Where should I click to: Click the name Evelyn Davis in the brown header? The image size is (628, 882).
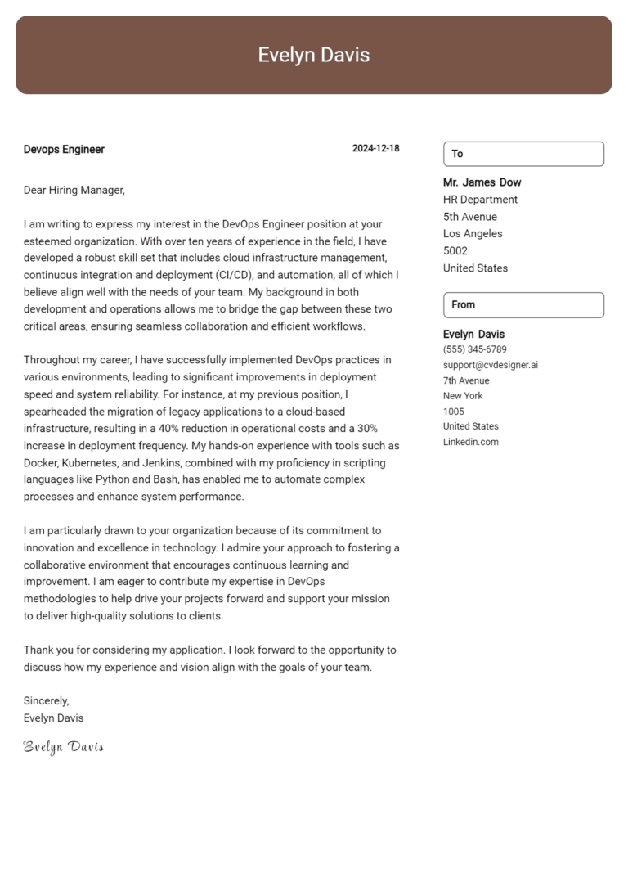(314, 55)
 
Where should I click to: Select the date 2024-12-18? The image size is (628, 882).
(375, 149)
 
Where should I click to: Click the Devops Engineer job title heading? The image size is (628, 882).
(64, 150)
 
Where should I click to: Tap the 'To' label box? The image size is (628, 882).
(523, 154)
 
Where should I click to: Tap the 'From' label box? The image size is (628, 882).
(523, 304)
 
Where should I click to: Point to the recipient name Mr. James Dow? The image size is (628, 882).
(482, 182)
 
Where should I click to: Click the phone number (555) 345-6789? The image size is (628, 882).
(474, 349)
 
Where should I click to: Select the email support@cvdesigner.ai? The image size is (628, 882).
(490, 365)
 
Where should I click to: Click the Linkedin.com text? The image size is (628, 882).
(470, 442)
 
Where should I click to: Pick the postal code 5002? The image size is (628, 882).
(455, 251)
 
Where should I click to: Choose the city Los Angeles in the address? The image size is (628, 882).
(473, 234)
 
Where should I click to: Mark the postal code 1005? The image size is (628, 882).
(453, 411)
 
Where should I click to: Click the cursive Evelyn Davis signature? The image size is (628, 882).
(64, 747)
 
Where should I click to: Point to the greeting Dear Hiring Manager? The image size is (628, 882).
(74, 191)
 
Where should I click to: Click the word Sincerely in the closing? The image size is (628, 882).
(47, 701)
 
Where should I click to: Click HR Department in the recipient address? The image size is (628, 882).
(480, 200)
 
